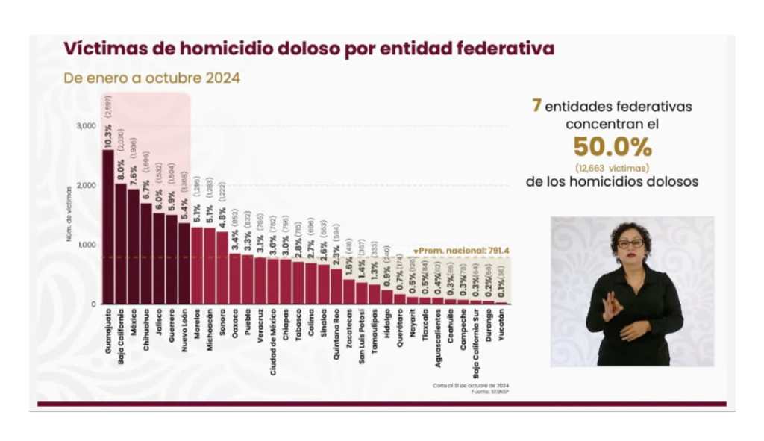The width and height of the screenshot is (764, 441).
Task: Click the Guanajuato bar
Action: click(x=108, y=228)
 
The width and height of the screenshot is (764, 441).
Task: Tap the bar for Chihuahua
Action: click(x=146, y=254)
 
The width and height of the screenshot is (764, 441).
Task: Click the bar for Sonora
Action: click(x=222, y=268)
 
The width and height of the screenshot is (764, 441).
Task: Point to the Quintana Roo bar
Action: click(x=336, y=287)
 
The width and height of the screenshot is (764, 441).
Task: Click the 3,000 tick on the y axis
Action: click(x=86, y=126)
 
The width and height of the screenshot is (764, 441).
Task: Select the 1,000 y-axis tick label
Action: click(x=86, y=245)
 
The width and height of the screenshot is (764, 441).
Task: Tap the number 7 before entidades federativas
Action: click(x=536, y=106)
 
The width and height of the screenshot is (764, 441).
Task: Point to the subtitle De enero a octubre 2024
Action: click(x=151, y=78)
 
